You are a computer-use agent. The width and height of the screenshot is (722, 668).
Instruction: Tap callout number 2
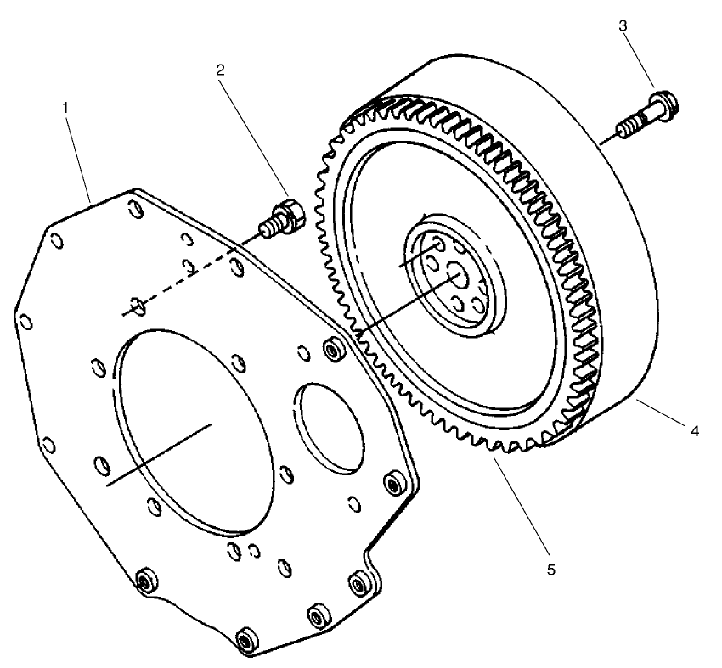click(220, 70)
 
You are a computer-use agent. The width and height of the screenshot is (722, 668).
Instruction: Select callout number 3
click(623, 25)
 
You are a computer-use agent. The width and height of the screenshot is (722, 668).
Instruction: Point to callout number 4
click(694, 431)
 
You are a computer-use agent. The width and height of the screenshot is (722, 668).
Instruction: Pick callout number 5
click(550, 569)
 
